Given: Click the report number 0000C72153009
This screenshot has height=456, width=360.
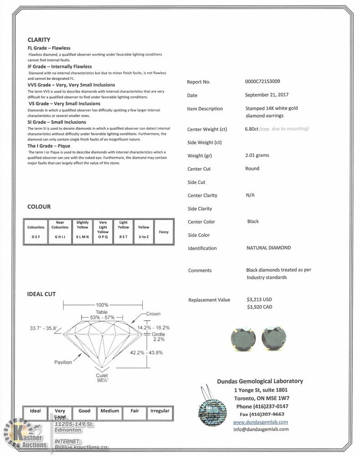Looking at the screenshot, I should [262, 82].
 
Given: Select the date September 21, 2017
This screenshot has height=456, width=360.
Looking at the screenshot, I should [267, 95].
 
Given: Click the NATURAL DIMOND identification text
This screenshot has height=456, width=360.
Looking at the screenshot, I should [268, 248].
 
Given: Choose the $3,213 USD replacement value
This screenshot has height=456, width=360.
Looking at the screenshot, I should [259, 300].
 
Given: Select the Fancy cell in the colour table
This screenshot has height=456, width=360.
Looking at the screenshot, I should [164, 232].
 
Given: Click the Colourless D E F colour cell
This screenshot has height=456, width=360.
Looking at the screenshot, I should [36, 232].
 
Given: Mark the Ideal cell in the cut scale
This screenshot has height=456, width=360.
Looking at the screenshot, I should [35, 411].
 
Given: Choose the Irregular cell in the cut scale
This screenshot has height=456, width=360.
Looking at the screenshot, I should [159, 411].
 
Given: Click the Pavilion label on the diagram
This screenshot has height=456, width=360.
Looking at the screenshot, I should [63, 362].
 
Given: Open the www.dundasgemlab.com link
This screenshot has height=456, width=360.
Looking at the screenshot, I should [260, 422].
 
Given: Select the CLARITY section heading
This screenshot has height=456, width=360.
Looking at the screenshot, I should [39, 40].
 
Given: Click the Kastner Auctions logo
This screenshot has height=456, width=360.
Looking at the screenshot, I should [24, 435].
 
